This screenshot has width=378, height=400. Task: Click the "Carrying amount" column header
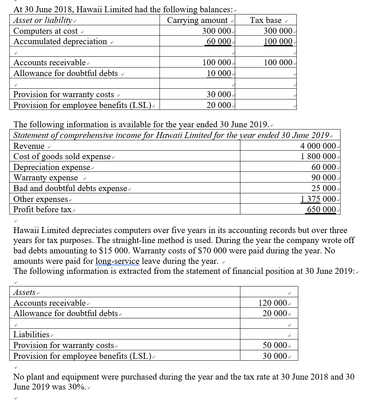(x=197, y=20)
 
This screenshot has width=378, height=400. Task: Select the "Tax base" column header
(x=266, y=20)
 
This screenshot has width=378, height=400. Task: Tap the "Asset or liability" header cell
(x=42, y=20)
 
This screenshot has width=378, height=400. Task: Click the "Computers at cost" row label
(x=46, y=31)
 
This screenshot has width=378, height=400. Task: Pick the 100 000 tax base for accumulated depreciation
(x=278, y=41)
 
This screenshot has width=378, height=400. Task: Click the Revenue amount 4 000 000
(x=318, y=146)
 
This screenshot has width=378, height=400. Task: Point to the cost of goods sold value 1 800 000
(x=318, y=156)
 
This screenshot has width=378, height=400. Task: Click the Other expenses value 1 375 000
(x=318, y=199)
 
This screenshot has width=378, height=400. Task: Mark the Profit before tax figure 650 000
(x=321, y=209)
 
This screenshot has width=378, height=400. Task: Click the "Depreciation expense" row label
(x=52, y=167)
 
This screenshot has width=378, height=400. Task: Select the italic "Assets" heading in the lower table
(x=24, y=292)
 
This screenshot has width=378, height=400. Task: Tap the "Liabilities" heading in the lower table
(x=31, y=334)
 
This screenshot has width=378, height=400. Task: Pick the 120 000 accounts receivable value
(x=274, y=303)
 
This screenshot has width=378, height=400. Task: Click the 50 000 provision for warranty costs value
(x=275, y=345)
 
